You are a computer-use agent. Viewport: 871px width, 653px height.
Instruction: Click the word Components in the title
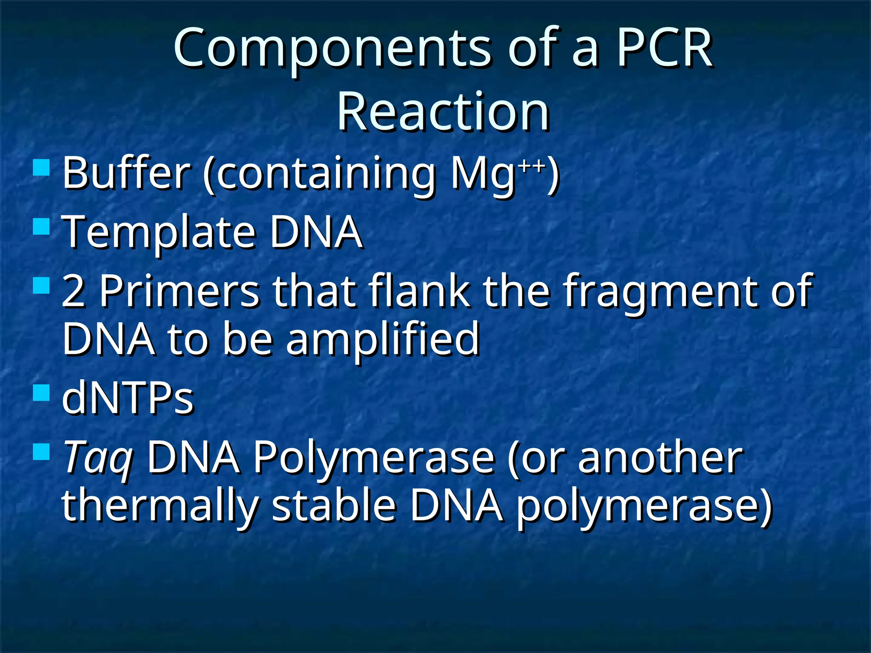tap(332, 49)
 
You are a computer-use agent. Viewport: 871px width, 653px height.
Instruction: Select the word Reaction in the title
tap(443, 113)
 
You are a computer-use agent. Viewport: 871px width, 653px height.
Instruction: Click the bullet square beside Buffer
tap(42, 168)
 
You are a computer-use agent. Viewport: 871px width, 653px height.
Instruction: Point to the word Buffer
tap(126, 173)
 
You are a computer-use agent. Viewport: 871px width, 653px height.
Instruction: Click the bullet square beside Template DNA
tap(42, 227)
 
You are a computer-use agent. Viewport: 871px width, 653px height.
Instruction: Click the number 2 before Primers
tap(73, 292)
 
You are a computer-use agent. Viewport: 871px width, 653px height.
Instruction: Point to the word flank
tap(419, 291)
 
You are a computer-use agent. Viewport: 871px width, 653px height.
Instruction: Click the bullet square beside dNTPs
tap(42, 393)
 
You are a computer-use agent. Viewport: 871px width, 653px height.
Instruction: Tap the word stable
tap(334, 506)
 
